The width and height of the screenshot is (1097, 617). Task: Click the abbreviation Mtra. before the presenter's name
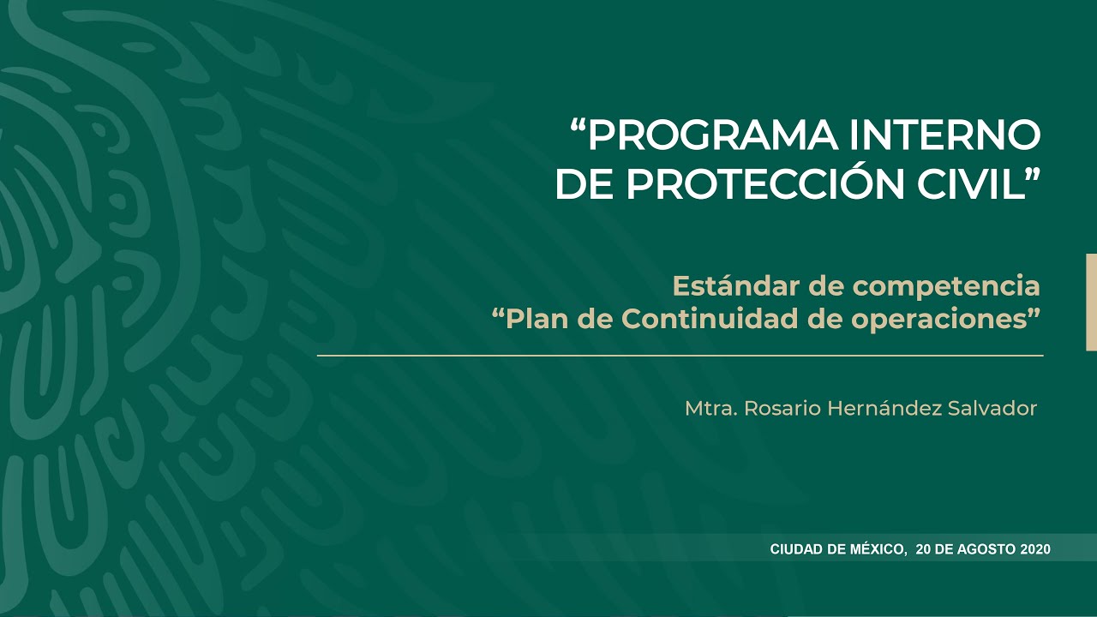710,409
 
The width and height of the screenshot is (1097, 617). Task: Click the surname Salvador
992,409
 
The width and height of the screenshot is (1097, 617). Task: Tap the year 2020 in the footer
1035,549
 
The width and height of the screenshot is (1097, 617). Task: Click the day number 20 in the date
924,549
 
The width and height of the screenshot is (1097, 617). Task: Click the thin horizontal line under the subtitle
680,355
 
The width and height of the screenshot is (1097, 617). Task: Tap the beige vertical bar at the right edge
1091,302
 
